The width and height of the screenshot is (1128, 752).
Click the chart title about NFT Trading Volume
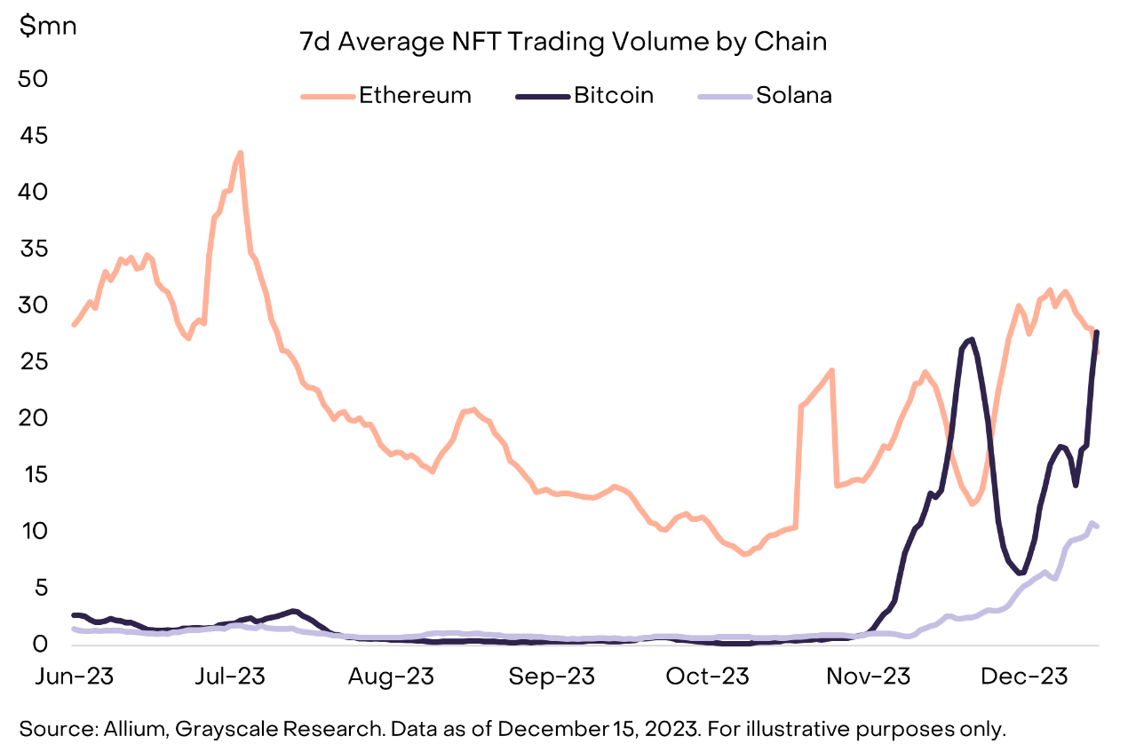(564, 43)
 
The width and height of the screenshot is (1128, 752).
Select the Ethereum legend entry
(415, 96)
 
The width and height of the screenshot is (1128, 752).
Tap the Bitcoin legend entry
(613, 96)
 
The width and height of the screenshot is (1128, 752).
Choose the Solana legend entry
(793, 96)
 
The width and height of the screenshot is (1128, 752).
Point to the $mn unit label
(49, 26)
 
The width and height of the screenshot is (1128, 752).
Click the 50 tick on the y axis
(36, 78)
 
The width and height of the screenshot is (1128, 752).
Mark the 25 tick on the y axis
(36, 361)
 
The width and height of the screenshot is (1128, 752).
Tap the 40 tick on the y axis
(36, 192)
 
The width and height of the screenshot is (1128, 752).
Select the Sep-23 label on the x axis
(552, 677)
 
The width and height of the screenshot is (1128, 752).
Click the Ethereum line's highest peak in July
(240, 153)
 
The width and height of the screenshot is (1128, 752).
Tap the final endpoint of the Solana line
(1098, 526)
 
